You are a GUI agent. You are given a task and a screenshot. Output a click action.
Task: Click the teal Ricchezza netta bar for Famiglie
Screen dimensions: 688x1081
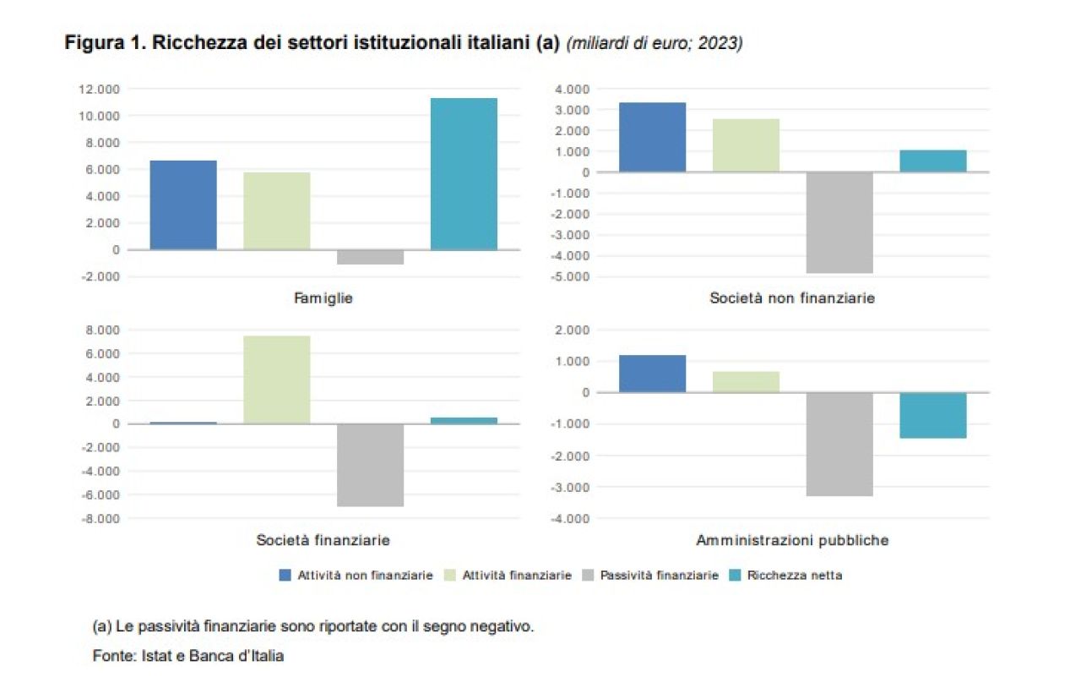coord(464,174)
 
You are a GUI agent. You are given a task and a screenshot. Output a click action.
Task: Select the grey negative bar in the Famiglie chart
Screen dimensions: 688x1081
coord(370,257)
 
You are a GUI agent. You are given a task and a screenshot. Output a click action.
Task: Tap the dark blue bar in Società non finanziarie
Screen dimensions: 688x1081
coord(652,137)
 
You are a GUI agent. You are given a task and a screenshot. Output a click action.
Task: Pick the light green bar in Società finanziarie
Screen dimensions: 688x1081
coord(276,379)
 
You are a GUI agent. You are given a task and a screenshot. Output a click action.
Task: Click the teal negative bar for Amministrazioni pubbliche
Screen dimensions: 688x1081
coord(932,415)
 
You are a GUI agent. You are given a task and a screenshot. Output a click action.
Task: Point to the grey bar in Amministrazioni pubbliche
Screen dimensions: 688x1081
coord(839,444)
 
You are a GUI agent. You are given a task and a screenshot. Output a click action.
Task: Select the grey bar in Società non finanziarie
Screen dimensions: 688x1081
coord(839,222)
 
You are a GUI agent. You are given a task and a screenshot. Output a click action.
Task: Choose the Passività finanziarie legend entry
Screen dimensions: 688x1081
coord(659,575)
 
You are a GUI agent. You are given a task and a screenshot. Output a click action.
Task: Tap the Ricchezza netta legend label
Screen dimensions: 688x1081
coord(794,575)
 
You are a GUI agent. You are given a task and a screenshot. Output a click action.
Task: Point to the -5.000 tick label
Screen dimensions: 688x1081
coord(569,276)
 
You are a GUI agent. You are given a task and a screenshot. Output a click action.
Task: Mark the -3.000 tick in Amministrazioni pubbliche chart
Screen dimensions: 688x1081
coord(569,487)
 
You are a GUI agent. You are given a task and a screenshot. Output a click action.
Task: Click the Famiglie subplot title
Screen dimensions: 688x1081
coord(323,298)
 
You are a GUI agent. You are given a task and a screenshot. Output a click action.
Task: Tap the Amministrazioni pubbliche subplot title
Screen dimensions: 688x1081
coord(792,540)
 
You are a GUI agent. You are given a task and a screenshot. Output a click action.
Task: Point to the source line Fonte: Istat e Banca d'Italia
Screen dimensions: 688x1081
coord(188,656)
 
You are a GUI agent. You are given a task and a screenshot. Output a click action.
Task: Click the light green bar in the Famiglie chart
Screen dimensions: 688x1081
coord(276,211)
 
